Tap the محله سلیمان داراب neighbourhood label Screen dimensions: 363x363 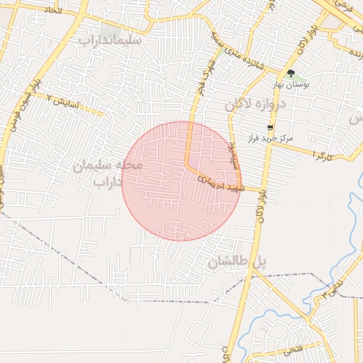coord(108,173)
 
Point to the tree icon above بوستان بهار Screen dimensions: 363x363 coord(291,73)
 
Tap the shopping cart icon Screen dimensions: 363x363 coord(269,128)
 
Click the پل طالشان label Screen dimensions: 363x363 coord(237,262)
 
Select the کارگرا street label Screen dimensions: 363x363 coord(320,154)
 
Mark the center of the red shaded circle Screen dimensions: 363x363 coord(181,181)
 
